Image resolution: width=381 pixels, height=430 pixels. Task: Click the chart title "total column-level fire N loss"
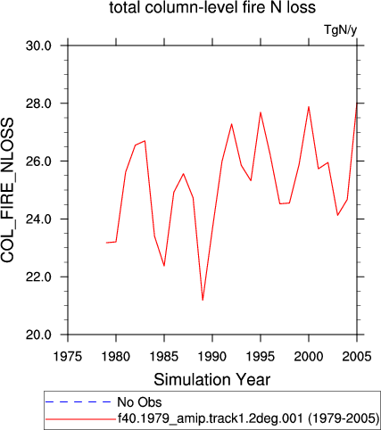click(212, 7)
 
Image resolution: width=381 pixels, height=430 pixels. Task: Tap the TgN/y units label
click(340, 30)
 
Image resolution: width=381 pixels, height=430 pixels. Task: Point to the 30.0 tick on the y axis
click(38, 45)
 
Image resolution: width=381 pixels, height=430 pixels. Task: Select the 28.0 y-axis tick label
click(38, 103)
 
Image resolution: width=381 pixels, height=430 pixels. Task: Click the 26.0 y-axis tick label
click(38, 161)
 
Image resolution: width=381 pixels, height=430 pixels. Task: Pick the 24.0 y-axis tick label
click(38, 219)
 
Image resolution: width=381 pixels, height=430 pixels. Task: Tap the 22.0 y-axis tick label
click(38, 277)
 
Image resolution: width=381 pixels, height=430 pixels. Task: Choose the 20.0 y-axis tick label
click(38, 335)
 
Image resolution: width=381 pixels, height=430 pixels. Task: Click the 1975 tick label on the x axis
click(68, 356)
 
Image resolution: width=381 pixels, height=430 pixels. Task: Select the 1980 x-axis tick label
click(116, 356)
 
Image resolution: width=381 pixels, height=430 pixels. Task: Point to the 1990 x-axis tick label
click(212, 356)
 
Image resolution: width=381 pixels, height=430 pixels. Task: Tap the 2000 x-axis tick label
click(309, 356)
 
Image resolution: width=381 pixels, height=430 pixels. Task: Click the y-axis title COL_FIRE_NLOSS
click(7, 190)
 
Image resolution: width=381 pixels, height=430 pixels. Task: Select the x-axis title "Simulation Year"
click(212, 380)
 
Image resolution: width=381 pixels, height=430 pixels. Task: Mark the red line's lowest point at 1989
click(203, 300)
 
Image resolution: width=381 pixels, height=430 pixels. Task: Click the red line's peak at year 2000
click(309, 107)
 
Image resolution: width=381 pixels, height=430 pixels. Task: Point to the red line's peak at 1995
click(261, 112)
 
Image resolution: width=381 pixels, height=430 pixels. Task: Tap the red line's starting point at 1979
click(106, 243)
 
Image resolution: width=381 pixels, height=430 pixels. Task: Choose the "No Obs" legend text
click(139, 402)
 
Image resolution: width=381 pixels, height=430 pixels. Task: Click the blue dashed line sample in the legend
click(78, 402)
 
